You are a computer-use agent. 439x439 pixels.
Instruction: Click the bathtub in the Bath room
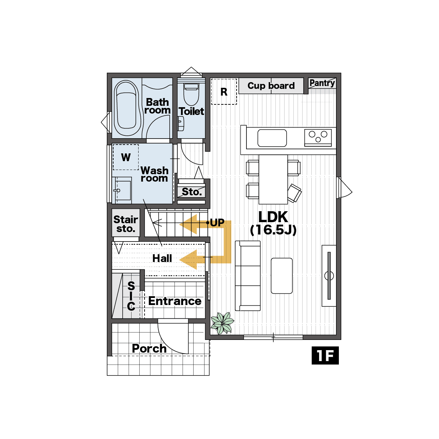point(127,108)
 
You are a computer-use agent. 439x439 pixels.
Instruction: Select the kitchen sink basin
point(272,138)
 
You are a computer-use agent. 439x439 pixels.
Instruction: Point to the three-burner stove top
point(318,138)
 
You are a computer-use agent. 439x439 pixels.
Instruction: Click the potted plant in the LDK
point(222,323)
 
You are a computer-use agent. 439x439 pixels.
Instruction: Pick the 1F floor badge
point(325,355)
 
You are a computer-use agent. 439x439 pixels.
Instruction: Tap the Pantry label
point(322,83)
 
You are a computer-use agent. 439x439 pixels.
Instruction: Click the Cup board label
point(271,86)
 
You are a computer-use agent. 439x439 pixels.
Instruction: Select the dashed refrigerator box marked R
point(224,92)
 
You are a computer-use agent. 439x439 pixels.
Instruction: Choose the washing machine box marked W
point(126,157)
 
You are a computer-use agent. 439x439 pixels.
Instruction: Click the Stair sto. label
point(126,224)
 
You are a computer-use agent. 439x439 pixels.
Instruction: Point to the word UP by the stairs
point(217,222)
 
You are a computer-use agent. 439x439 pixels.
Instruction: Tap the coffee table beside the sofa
point(282,276)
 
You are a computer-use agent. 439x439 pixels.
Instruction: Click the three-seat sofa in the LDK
point(248,276)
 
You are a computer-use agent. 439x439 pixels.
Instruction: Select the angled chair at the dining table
point(294,193)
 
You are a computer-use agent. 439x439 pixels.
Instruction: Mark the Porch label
point(149,348)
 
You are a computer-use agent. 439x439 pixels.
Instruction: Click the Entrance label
point(175,301)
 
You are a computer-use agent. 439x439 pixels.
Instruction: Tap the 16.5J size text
point(273,230)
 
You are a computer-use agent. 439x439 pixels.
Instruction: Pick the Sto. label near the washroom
point(192,192)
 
